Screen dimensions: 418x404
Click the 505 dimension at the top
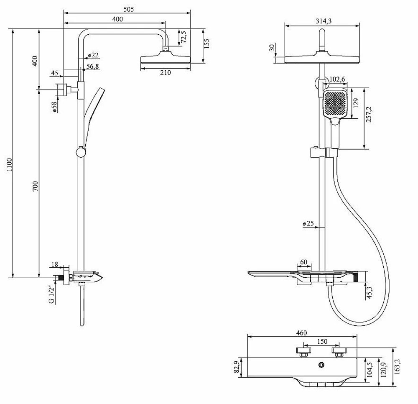click(128, 9)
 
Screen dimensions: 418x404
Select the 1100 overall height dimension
click(9, 164)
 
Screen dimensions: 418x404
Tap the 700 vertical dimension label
click(35, 186)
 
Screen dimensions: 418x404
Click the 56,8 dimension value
click(92, 66)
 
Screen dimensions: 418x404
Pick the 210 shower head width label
click(165, 72)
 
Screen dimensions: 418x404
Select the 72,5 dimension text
click(184, 37)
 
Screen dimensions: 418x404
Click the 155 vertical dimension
click(206, 43)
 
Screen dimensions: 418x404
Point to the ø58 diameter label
click(54, 107)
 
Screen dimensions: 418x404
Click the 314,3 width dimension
click(324, 21)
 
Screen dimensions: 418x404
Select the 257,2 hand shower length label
click(369, 114)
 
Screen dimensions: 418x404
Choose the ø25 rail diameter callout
click(308, 223)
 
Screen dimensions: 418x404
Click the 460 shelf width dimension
click(301, 333)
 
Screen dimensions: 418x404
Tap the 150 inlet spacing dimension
click(322, 342)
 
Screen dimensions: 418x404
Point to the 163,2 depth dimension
click(397, 367)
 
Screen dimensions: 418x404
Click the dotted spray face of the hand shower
click(335, 102)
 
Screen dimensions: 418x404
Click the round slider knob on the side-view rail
click(81, 152)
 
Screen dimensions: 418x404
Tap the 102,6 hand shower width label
click(337, 79)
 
